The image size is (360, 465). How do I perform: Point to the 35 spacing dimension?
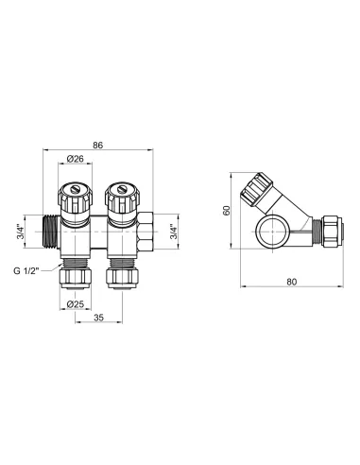tap(100, 320)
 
